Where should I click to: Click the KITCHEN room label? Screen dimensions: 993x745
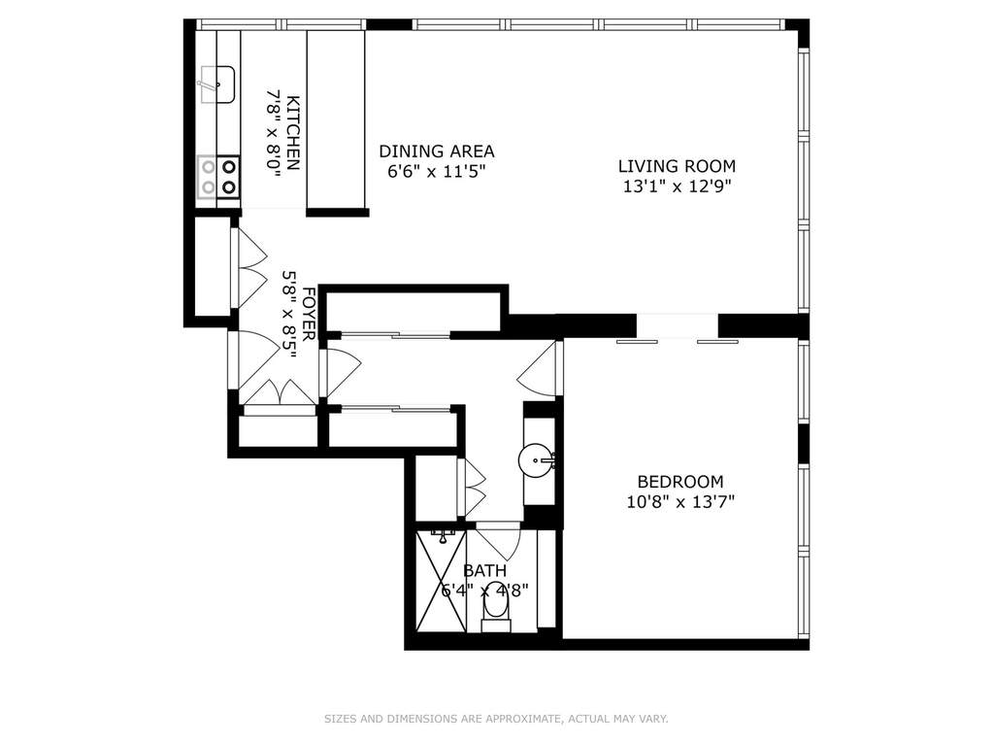click(x=293, y=133)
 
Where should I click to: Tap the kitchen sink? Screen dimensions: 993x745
click(x=217, y=85)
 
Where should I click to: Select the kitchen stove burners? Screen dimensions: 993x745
click(x=218, y=178)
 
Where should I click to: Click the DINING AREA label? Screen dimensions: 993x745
click(x=437, y=152)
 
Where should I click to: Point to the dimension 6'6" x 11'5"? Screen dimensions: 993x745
click(x=437, y=172)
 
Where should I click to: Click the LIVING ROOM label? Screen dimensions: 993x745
click(x=677, y=166)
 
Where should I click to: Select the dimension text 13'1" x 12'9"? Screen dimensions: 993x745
click(x=677, y=186)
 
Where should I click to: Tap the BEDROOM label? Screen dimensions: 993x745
click(x=680, y=482)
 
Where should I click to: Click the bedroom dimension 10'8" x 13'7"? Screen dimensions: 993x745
click(x=680, y=502)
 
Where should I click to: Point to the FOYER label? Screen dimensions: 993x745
click(x=309, y=314)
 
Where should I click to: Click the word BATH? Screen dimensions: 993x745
click(x=484, y=571)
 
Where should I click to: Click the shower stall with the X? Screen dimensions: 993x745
click(x=442, y=580)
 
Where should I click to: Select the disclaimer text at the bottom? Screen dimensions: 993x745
click(x=496, y=719)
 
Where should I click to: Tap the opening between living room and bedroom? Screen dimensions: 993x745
click(x=677, y=325)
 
